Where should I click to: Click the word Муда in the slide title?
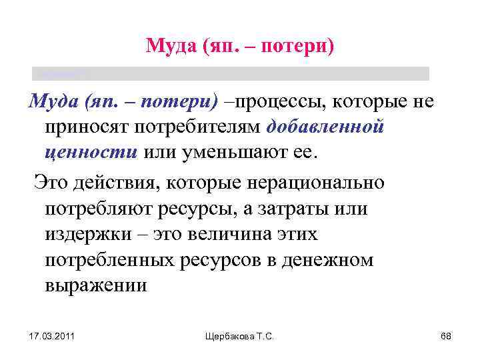(169, 46)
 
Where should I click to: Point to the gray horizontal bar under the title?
(231, 73)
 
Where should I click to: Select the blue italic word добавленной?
(325, 127)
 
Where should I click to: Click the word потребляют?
(99, 208)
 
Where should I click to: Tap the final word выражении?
(95, 285)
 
